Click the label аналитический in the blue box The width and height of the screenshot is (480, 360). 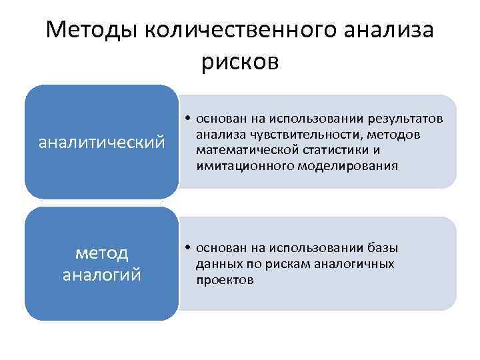point(102,142)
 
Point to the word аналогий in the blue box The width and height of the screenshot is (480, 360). point(102,275)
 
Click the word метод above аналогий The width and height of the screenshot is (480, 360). point(102,253)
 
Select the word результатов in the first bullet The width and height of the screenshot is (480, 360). point(405,119)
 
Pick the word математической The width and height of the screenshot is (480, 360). point(246,150)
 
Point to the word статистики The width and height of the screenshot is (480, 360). point(335,150)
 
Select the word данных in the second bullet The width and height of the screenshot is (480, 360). point(217,264)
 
